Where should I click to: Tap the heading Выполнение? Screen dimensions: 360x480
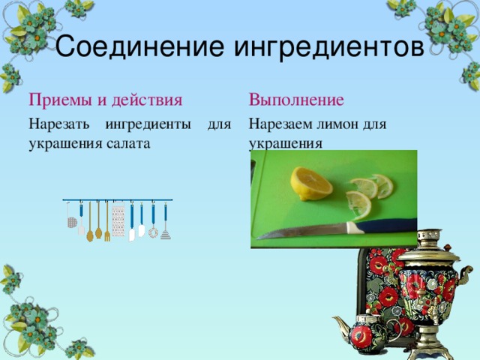[x=296, y=99]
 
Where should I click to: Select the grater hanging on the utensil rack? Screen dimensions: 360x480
[x=118, y=222]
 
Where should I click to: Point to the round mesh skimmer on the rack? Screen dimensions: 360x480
[x=72, y=222]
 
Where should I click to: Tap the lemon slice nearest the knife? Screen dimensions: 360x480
[x=358, y=202]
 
